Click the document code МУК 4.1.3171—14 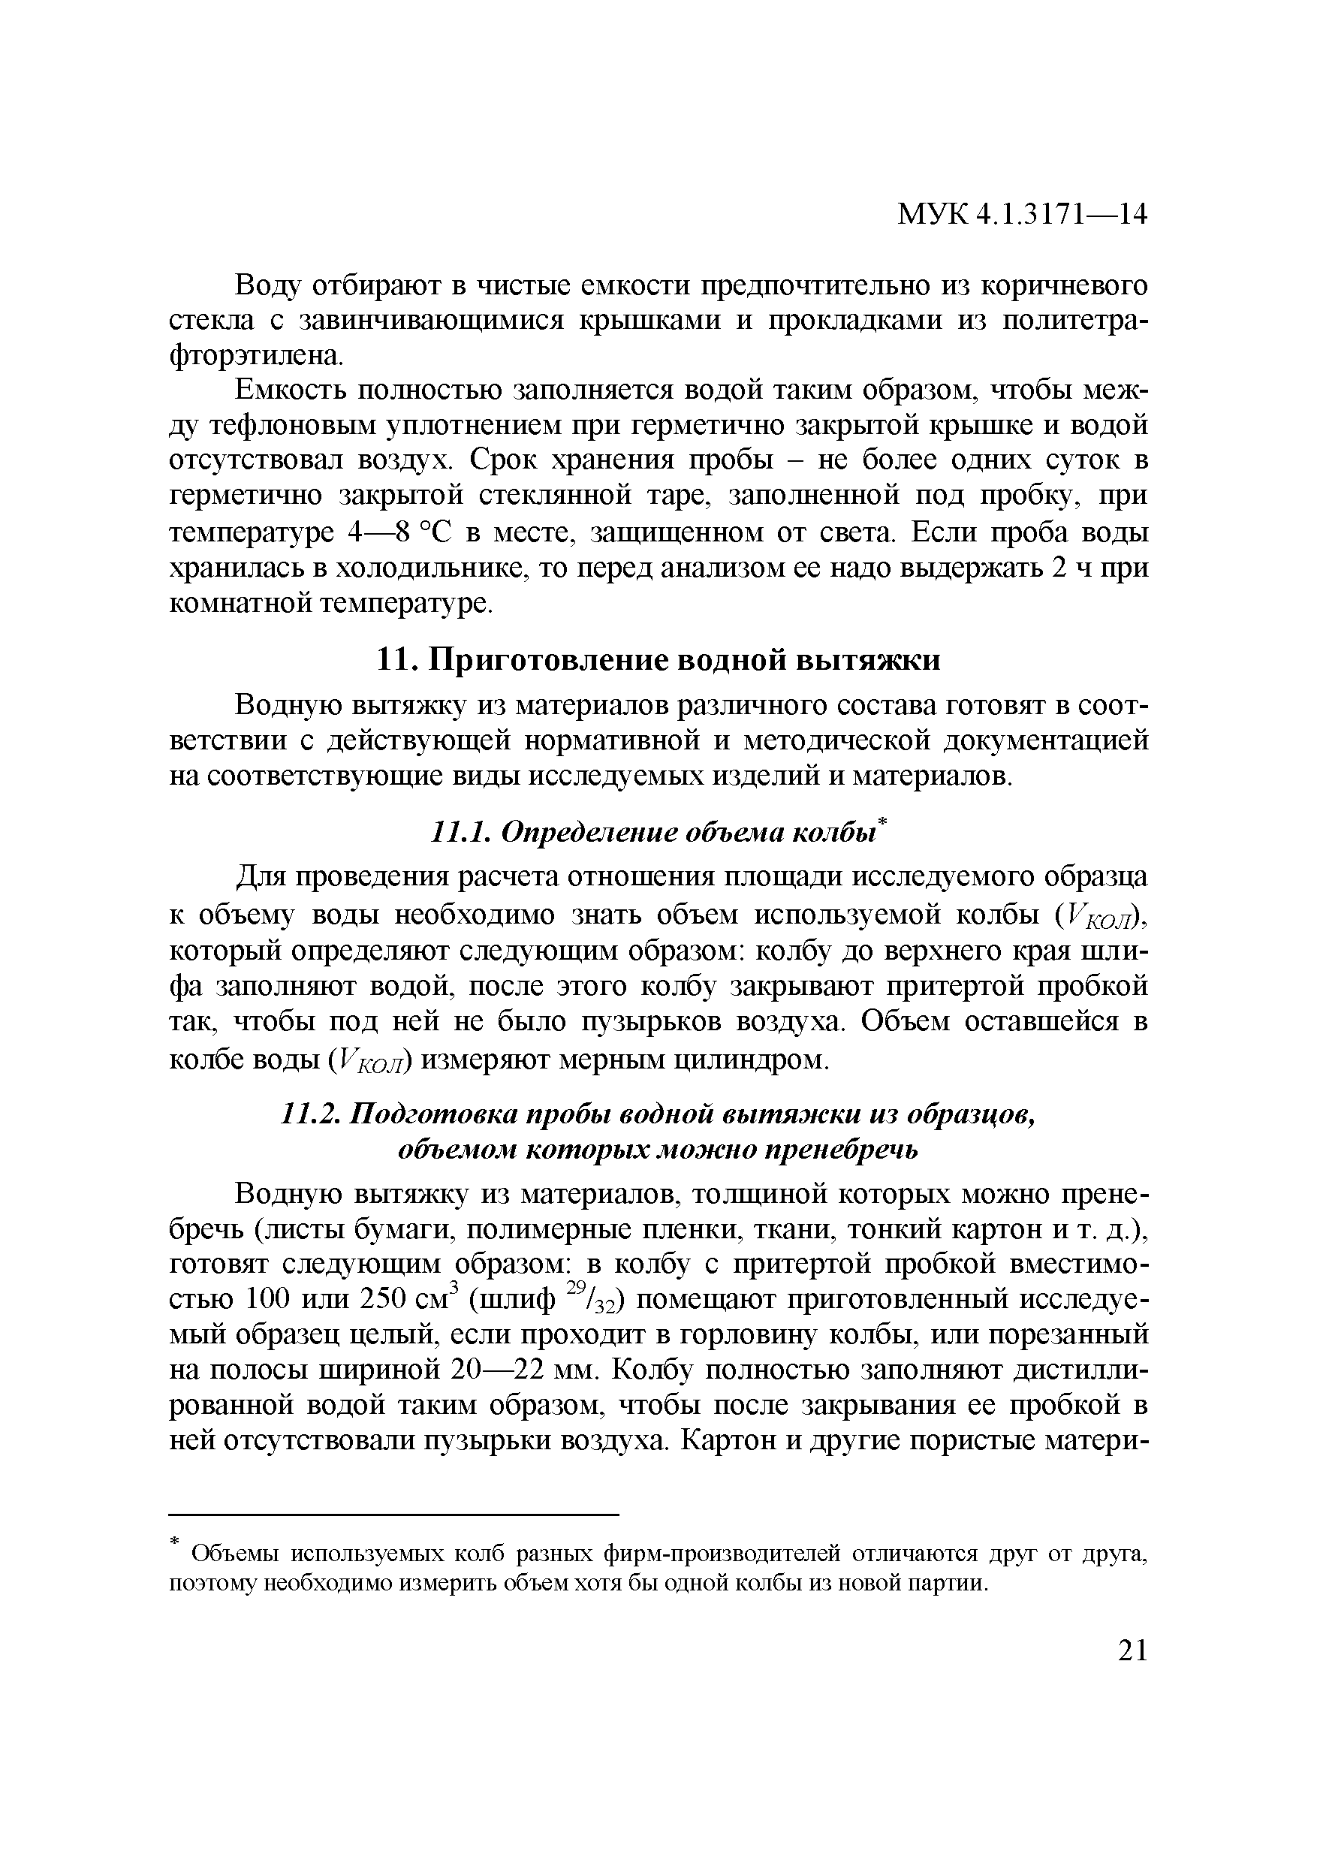coord(1022,215)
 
